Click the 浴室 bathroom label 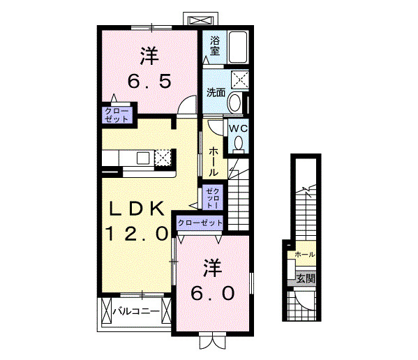[215, 46]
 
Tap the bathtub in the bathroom [238, 47]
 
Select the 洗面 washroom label [216, 93]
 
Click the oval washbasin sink [234, 103]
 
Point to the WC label [239, 128]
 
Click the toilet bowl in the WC [239, 143]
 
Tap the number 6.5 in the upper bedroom [149, 82]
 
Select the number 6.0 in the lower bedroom [212, 293]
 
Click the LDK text [137, 209]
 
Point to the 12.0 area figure [137, 234]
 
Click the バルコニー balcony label [136, 311]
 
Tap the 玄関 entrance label [306, 278]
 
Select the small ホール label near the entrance [305, 255]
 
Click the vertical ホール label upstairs [213, 161]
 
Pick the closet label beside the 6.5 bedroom [117, 115]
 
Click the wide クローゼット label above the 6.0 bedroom [200, 223]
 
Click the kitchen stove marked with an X [163, 157]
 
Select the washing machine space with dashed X [239, 79]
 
